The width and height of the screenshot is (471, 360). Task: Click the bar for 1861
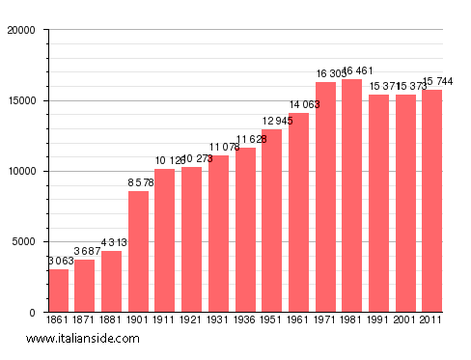(59, 291)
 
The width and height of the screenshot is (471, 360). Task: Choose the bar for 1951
(272, 221)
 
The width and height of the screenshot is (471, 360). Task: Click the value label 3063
(59, 262)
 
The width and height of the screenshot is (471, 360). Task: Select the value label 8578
(139, 183)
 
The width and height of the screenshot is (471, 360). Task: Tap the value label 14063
(298, 105)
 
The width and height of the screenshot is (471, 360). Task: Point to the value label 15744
(431, 82)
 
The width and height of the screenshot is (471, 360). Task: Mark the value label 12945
(272, 122)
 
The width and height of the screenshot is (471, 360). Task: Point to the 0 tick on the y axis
(32, 313)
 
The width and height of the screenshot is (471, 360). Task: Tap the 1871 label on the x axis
(85, 320)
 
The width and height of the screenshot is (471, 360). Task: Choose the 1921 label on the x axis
(192, 320)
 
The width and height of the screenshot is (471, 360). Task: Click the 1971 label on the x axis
(325, 320)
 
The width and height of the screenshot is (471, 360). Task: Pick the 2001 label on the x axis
(404, 320)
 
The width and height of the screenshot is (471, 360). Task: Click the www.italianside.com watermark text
(83, 339)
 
